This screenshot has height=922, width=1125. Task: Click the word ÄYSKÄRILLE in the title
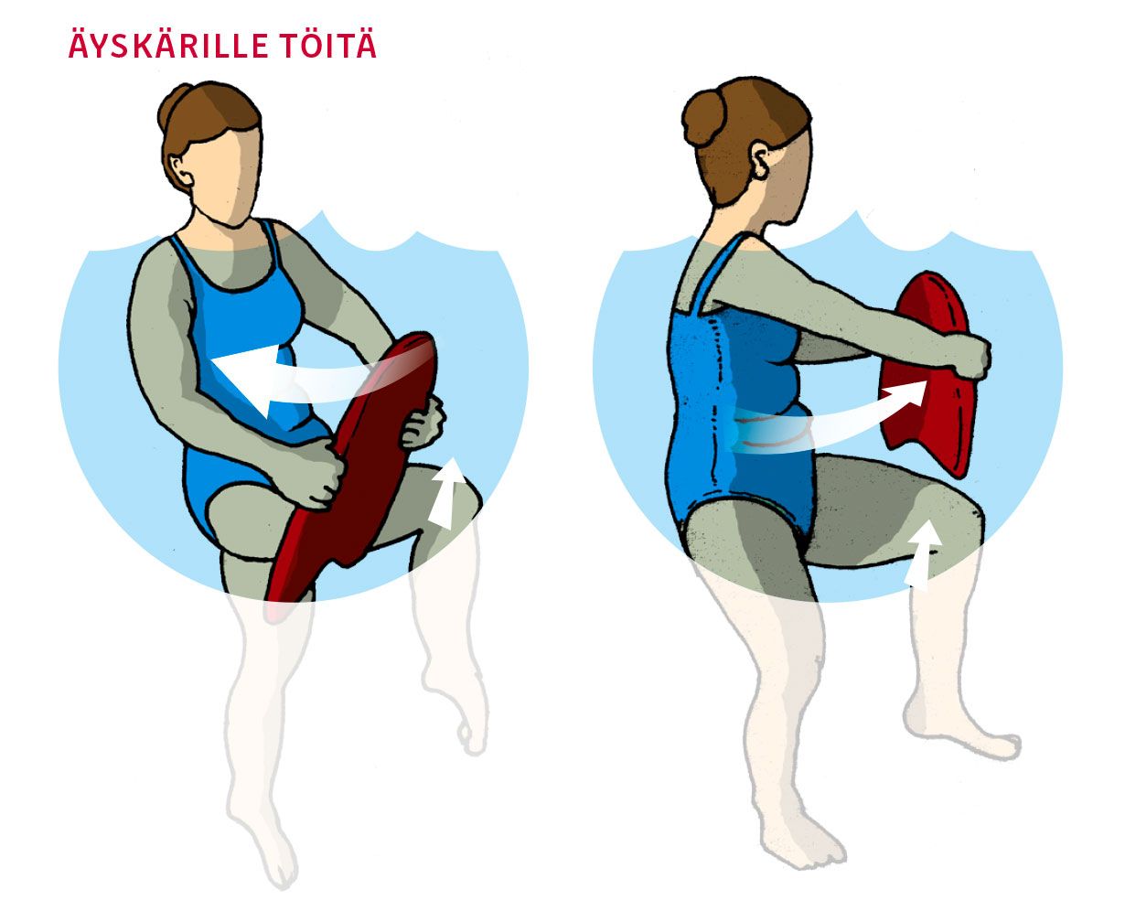coord(168,46)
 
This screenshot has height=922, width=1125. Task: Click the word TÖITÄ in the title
coord(329,46)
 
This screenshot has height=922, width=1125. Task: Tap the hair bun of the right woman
coord(703,120)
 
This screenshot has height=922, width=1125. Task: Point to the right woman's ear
coord(759,159)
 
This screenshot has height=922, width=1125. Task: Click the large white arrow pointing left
coord(299,379)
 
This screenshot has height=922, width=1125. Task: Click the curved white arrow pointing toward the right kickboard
coord(832,422)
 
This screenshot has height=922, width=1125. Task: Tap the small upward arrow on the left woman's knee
coord(447,494)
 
